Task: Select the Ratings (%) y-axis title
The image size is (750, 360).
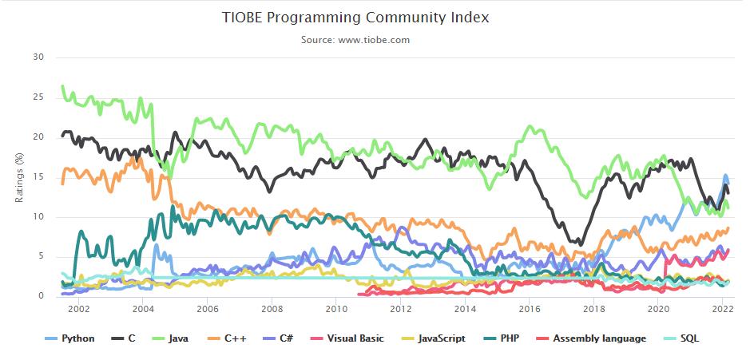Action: point(19,176)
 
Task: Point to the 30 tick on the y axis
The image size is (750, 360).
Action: point(38,57)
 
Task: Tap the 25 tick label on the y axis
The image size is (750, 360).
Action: point(38,97)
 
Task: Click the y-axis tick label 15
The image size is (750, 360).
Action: point(38,177)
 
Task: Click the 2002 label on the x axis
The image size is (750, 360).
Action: point(78,308)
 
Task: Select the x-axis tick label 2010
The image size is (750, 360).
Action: point(336,308)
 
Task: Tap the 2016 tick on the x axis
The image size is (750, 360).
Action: point(530,308)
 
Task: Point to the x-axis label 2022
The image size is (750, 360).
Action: point(723,308)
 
